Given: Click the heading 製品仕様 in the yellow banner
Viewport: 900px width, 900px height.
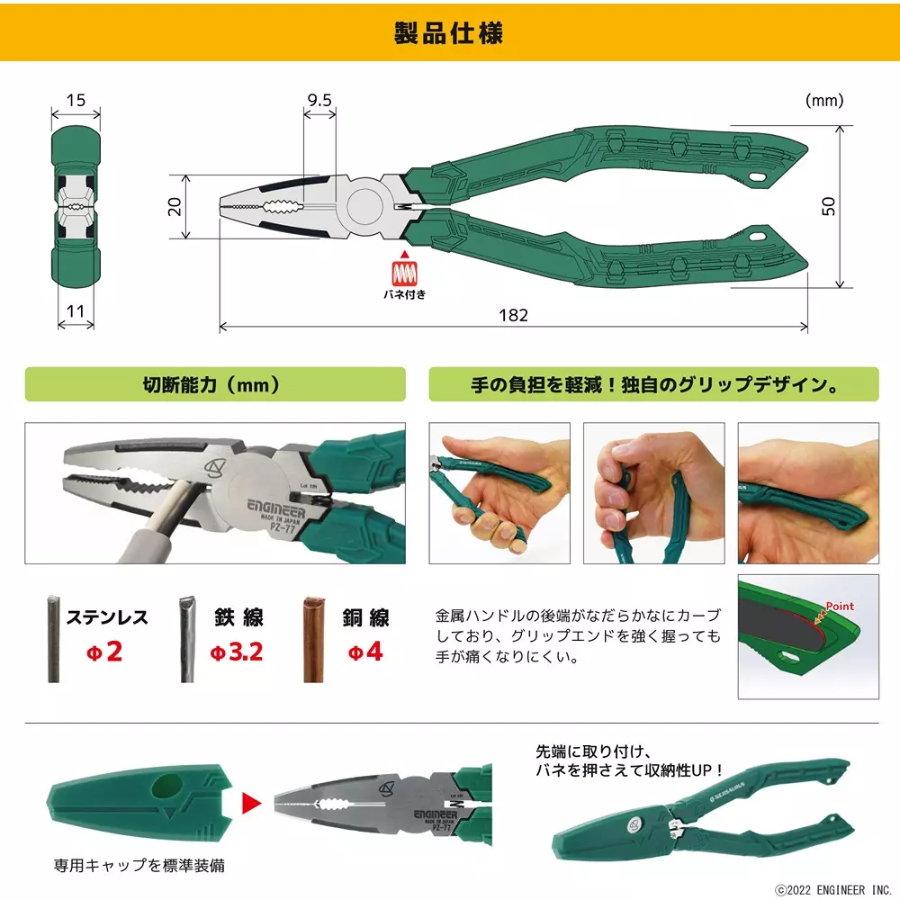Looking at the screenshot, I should (x=449, y=33).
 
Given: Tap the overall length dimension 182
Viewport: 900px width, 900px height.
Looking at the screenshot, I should (x=513, y=315).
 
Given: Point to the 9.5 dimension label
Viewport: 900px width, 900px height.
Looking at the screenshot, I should (x=319, y=100).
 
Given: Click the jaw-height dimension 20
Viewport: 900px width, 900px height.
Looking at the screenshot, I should (x=175, y=206).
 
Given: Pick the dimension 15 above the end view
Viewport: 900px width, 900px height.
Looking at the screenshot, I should (x=76, y=100).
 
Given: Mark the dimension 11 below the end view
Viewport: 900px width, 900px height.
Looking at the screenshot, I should (x=76, y=311).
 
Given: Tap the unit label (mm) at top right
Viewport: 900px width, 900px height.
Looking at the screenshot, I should (x=824, y=101).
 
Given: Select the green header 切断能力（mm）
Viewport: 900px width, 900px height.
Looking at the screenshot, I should (x=212, y=385).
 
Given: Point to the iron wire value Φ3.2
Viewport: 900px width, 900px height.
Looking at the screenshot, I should (x=237, y=651).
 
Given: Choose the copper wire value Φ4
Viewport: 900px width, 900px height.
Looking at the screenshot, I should (x=364, y=651).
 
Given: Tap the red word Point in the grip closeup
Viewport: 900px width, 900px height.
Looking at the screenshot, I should (x=839, y=606).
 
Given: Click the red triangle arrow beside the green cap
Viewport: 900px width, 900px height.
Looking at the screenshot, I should (x=251, y=798).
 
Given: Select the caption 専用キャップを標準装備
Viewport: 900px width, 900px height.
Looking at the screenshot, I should (x=139, y=866).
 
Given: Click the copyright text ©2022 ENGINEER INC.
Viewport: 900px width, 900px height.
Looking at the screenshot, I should (x=832, y=887).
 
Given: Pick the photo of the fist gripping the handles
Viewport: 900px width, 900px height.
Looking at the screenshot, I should (x=653, y=493).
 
